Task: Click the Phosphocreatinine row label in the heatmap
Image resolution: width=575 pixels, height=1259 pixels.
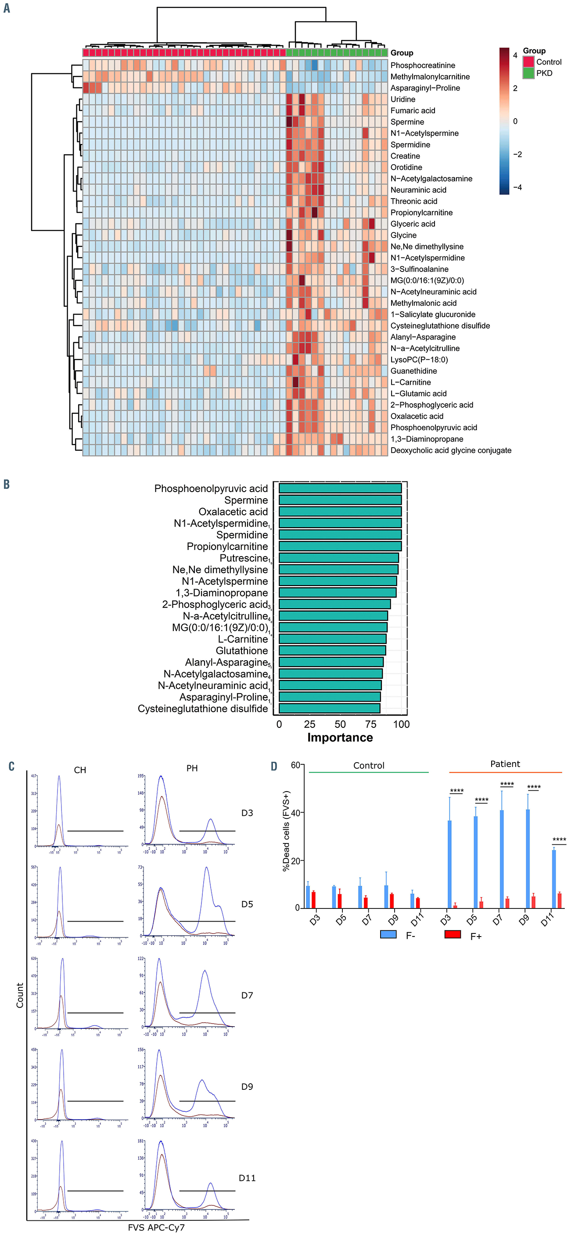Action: (423, 65)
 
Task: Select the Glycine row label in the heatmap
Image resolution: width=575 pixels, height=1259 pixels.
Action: (403, 235)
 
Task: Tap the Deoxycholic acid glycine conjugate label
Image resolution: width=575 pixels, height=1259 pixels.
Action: (450, 450)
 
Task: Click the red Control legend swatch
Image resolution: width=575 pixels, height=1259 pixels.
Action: (528, 62)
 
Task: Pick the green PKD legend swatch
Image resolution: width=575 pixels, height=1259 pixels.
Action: (528, 73)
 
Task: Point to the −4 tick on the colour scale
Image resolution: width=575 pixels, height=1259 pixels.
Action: (517, 187)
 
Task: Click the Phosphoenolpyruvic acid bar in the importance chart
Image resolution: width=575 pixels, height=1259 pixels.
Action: (340, 488)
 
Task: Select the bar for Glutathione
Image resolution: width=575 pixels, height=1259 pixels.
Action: (332, 651)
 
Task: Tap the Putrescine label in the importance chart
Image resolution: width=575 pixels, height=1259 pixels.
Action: (243, 558)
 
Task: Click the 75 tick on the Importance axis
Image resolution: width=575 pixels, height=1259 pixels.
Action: (371, 724)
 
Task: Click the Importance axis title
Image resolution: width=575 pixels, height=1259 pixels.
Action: (340, 738)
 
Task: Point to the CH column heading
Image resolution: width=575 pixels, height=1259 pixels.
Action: (80, 770)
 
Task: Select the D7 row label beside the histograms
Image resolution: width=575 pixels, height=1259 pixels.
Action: (247, 995)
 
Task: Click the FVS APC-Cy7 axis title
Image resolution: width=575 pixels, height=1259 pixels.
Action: (156, 1228)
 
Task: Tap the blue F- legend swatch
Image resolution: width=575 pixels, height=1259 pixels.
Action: (388, 934)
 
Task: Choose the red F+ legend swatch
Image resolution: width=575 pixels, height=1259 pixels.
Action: (453, 934)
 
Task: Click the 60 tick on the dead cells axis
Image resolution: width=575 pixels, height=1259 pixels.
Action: (295, 765)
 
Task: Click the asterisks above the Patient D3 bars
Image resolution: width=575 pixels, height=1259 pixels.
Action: (457, 791)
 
